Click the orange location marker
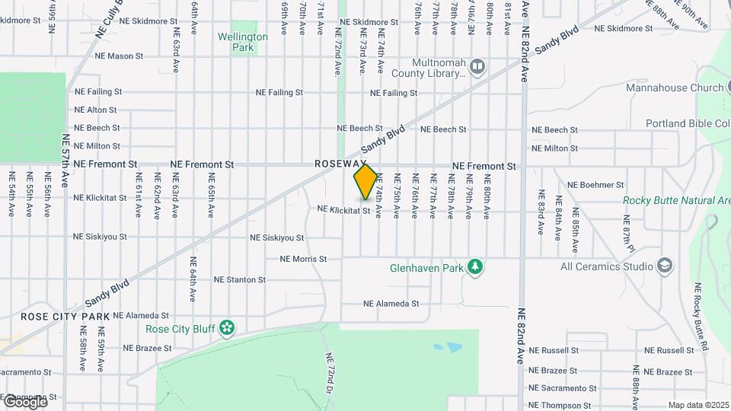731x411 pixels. point(365,182)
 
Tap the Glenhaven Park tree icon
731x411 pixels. point(476,267)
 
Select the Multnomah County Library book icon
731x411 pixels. point(477,68)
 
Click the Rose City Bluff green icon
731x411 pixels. point(226,328)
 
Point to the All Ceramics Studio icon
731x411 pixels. point(665,266)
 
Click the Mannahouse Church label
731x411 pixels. point(675,88)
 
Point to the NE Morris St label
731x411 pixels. point(303,259)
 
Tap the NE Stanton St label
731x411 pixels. point(240,279)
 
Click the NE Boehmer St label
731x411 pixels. point(596,185)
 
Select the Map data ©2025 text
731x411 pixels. point(697,405)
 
